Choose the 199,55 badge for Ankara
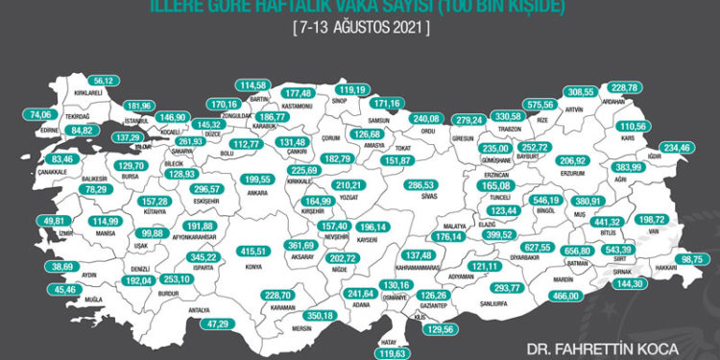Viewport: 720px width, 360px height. pos(258,179)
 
